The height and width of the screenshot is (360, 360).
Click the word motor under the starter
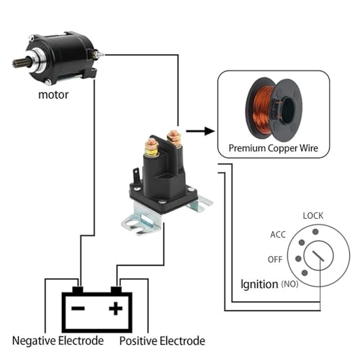click(x=53, y=95)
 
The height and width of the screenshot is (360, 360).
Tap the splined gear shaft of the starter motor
click(x=20, y=63)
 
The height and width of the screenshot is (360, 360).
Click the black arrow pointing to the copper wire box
click(x=200, y=131)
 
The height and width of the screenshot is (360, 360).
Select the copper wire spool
click(x=274, y=109)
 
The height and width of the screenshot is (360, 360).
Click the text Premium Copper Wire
click(x=274, y=148)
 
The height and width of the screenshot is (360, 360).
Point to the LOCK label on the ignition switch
click(x=313, y=216)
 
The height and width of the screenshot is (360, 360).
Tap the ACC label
click(x=278, y=235)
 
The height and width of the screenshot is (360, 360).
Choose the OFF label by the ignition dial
click(x=275, y=259)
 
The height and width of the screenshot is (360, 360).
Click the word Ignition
click(x=259, y=284)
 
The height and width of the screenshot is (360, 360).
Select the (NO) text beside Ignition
click(x=289, y=284)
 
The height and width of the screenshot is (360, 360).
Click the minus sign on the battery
click(x=78, y=308)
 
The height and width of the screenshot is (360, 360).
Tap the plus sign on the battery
click(x=116, y=308)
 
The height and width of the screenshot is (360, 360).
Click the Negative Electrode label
click(x=58, y=341)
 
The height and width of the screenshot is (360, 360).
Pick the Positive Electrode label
click(x=162, y=341)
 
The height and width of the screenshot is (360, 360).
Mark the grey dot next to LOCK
click(x=315, y=232)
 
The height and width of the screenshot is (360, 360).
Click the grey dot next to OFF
click(x=298, y=258)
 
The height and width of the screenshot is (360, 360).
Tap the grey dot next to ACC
click(x=302, y=243)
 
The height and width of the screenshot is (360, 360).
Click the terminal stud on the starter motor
click(x=99, y=54)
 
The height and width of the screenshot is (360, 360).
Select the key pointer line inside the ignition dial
click(x=318, y=256)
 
